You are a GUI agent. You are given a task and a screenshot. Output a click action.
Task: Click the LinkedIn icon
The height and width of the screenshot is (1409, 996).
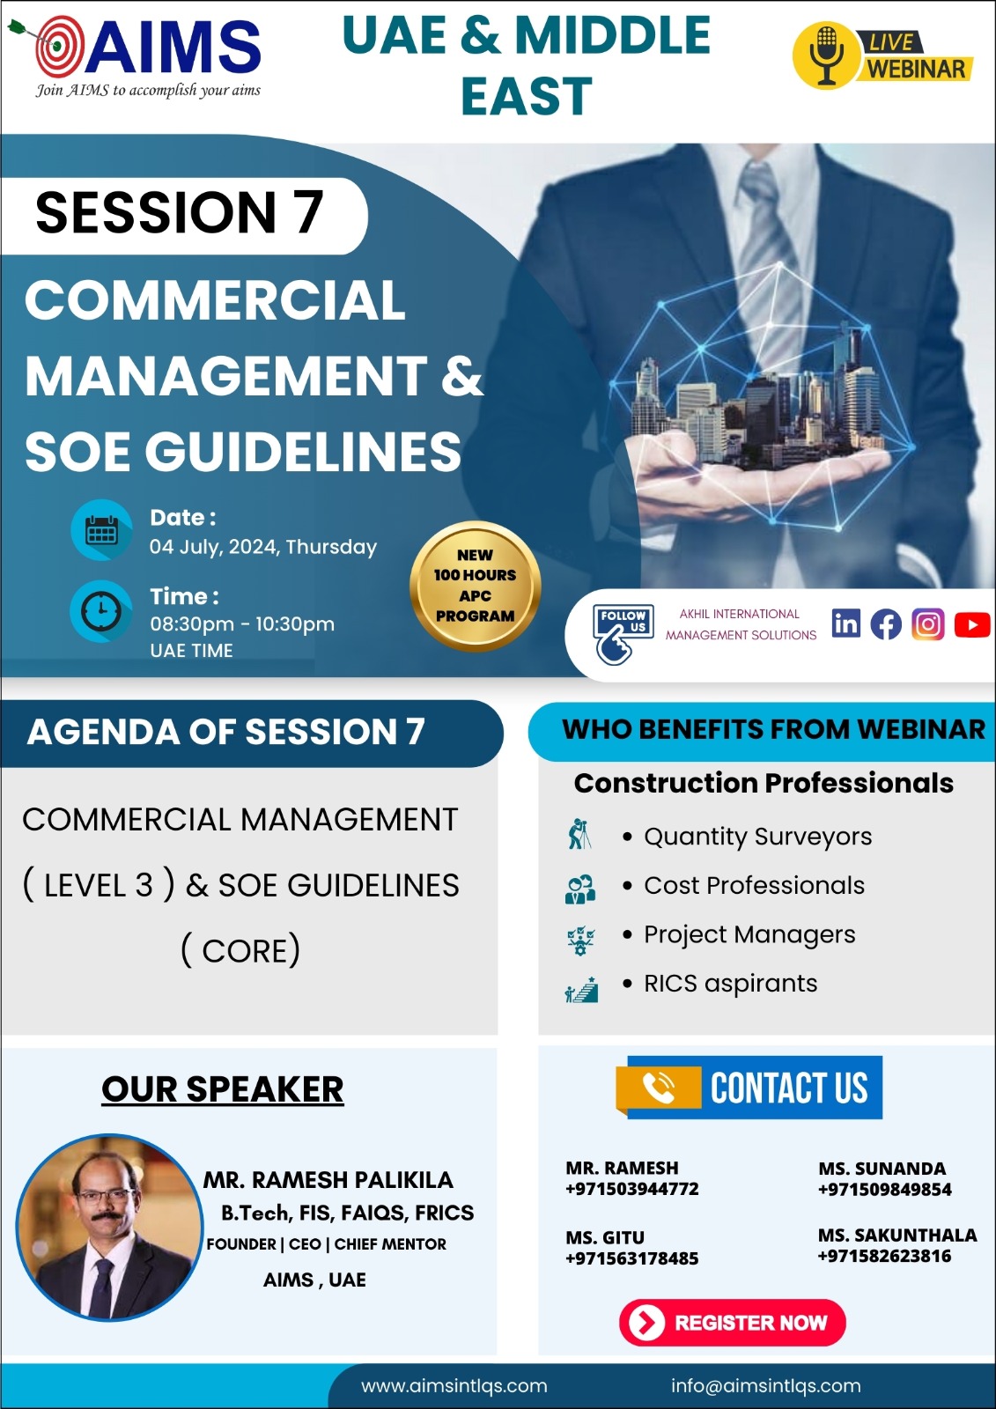tap(845, 623)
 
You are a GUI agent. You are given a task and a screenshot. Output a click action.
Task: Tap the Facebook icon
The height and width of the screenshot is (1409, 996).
tap(886, 624)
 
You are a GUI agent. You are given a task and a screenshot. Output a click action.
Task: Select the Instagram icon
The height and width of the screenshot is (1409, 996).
tap(927, 624)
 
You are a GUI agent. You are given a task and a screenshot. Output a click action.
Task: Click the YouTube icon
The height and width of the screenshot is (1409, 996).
tap(971, 624)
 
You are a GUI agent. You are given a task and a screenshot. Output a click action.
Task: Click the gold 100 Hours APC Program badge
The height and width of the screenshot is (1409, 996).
tap(475, 586)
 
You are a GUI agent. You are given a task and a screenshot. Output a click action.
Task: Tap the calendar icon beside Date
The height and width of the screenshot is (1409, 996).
tap(101, 531)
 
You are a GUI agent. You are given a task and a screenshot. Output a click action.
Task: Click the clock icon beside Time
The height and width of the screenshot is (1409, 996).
tap(101, 610)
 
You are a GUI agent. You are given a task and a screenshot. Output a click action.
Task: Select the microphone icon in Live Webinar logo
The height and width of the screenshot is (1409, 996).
tap(825, 55)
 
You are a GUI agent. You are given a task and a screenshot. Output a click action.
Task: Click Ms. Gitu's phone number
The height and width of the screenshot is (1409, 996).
tap(631, 1258)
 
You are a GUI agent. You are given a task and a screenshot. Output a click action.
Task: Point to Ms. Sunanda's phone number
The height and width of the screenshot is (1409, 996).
tap(884, 1190)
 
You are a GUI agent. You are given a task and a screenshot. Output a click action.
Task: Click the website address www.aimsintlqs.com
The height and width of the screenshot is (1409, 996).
tap(454, 1385)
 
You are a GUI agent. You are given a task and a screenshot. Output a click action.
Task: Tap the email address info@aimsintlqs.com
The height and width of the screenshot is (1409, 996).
tap(765, 1385)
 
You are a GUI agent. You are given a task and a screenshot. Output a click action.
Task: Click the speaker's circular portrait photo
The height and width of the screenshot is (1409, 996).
tap(108, 1227)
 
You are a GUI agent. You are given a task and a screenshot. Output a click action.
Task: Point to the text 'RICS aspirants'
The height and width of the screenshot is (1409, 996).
tap(730, 983)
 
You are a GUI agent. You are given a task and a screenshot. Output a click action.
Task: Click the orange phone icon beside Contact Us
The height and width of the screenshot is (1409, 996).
tap(658, 1088)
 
